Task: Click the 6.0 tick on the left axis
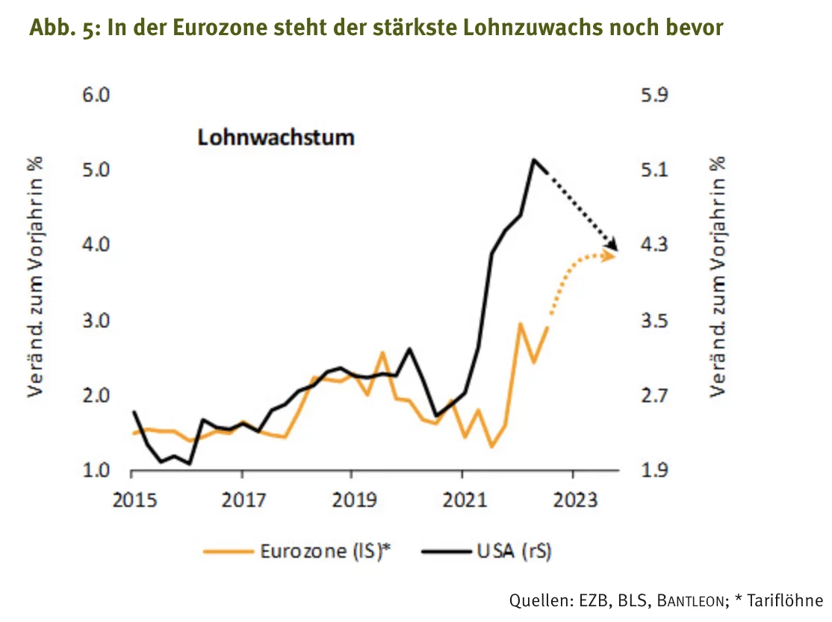click(x=96, y=95)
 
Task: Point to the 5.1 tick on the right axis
click(x=654, y=170)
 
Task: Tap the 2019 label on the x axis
click(x=354, y=500)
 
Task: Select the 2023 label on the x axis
click(x=575, y=500)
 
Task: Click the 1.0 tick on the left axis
click(x=96, y=470)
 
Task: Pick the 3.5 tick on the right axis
click(x=654, y=321)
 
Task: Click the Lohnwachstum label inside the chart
click(x=276, y=138)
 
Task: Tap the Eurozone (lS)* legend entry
click(x=297, y=551)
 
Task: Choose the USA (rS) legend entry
click(x=486, y=551)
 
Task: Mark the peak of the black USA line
click(x=534, y=159)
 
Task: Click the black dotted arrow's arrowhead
click(x=613, y=245)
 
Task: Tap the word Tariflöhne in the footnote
click(x=785, y=601)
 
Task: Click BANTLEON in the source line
click(x=690, y=601)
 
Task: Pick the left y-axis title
click(x=35, y=277)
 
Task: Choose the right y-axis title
click(x=718, y=277)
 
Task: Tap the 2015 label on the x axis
click(x=134, y=500)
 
